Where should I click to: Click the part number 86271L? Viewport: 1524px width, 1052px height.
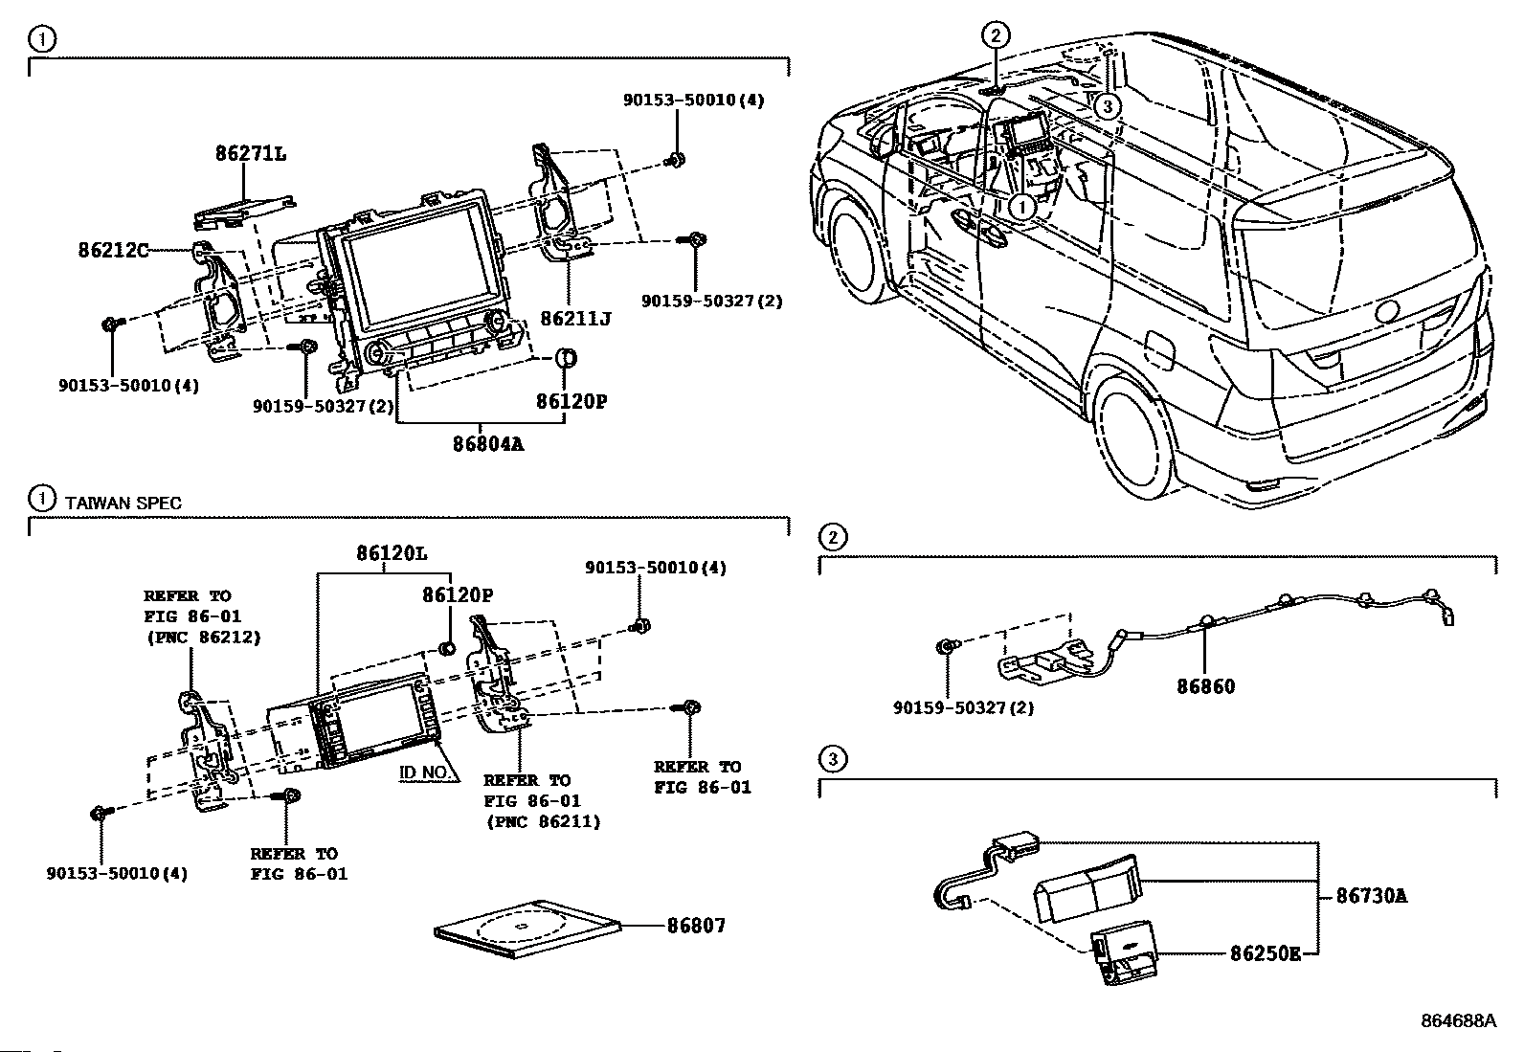250,153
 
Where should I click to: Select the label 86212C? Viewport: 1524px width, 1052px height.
113,251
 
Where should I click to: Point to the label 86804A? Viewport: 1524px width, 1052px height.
489,444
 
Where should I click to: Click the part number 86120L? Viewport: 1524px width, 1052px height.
392,553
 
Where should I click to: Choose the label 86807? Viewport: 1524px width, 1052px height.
696,926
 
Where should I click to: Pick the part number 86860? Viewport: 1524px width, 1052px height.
1205,686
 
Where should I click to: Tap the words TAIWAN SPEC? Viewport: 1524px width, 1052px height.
123,503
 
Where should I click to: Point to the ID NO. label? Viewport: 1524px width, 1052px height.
423,772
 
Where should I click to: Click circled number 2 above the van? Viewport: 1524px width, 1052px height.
995,36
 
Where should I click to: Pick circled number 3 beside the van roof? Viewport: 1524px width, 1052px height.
1107,106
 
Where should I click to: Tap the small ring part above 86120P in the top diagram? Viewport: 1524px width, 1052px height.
568,360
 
